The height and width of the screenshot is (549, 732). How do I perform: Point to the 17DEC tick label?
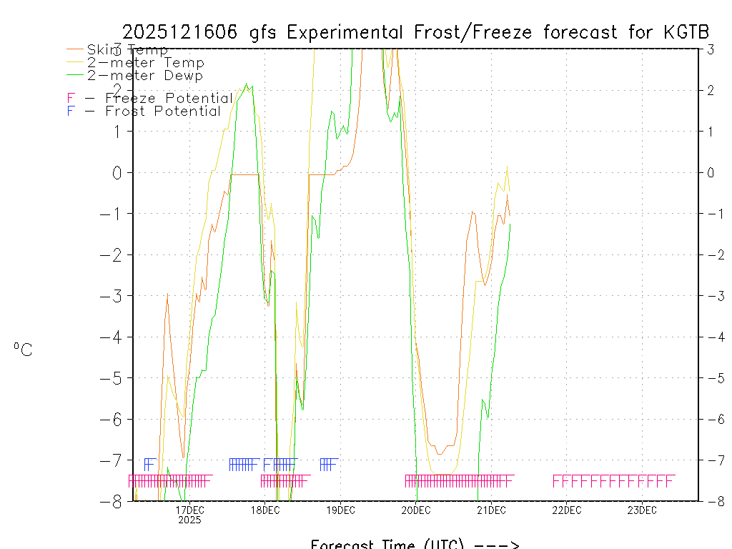pos(189,510)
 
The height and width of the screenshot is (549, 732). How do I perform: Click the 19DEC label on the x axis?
pos(340,510)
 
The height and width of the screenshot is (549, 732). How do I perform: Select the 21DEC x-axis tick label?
pos(491,510)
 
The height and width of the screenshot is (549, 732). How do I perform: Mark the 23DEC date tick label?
pos(642,510)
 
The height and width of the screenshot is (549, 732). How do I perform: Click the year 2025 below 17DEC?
pos(189,520)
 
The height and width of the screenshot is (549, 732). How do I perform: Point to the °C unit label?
pos(23,350)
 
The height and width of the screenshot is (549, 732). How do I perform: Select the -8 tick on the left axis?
pos(114,501)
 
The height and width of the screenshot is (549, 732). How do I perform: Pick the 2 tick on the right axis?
pos(711,90)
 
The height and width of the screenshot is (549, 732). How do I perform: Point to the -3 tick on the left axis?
pos(114,296)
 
